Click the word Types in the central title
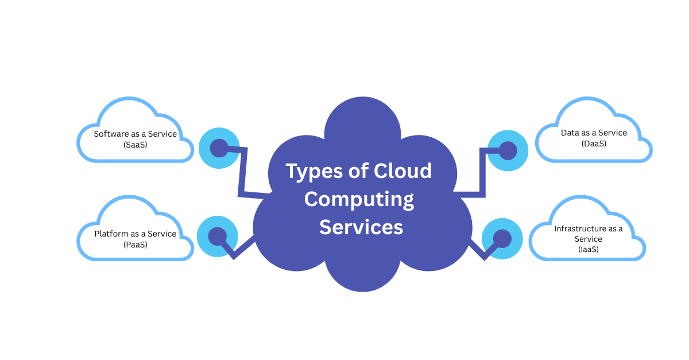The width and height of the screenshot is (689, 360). click(314, 172)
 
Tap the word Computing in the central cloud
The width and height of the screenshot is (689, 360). click(359, 200)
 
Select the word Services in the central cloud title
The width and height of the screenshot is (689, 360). click(361, 227)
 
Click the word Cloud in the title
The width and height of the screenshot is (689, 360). click(403, 171)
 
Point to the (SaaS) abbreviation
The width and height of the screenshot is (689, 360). click(136, 145)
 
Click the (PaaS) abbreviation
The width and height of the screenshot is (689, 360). click(136, 245)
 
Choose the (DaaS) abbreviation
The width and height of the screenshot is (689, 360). click(594, 144)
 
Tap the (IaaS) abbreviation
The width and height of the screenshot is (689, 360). click(589, 249)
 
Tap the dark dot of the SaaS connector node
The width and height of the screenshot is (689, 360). click(219, 148)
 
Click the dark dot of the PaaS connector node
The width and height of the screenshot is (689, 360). click(218, 237)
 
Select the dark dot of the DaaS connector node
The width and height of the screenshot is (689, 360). click(508, 150)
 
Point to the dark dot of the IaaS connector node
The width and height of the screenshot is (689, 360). click(502, 238)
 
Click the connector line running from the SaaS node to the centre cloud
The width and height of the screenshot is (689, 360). click(243, 172)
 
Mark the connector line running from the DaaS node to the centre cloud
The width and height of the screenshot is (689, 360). click(482, 172)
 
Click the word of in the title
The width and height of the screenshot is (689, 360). click(358, 171)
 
